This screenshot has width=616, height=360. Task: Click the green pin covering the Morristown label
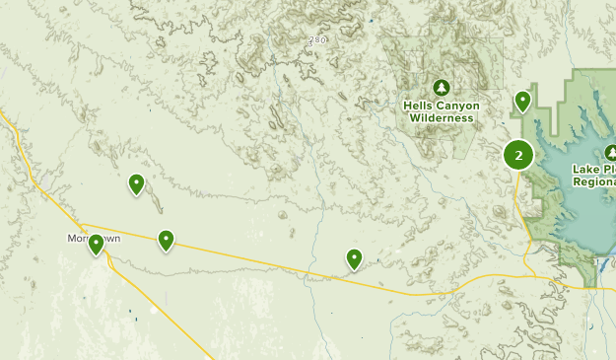pyautogui.click(x=96, y=244)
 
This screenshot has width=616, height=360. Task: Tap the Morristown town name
pyautogui.click(x=79, y=239)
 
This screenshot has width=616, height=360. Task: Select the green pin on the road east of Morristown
pyautogui.click(x=167, y=239)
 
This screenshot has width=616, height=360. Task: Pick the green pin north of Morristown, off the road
pyautogui.click(x=136, y=183)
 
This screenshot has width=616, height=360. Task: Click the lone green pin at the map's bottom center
pyautogui.click(x=355, y=258)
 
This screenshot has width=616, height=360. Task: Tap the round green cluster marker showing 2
pyautogui.click(x=518, y=155)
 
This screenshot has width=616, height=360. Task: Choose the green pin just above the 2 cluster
pyautogui.click(x=522, y=101)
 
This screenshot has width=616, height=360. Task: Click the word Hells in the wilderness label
pyautogui.click(x=419, y=105)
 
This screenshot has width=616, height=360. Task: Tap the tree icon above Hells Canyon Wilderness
pyautogui.click(x=441, y=87)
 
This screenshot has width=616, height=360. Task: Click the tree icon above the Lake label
pyautogui.click(x=610, y=152)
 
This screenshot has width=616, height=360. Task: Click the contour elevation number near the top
pyautogui.click(x=315, y=40)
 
